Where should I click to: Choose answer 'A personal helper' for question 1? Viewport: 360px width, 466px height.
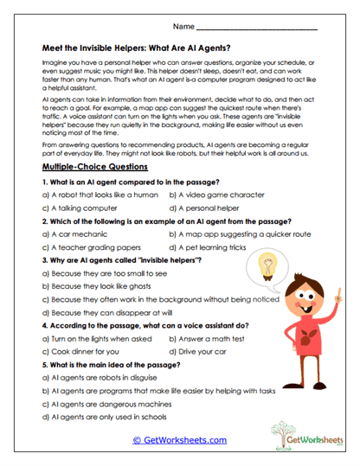click(x=208, y=207)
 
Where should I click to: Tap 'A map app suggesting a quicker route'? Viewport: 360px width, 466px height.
click(x=240, y=233)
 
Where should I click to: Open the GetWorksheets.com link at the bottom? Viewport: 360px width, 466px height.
click(x=179, y=439)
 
